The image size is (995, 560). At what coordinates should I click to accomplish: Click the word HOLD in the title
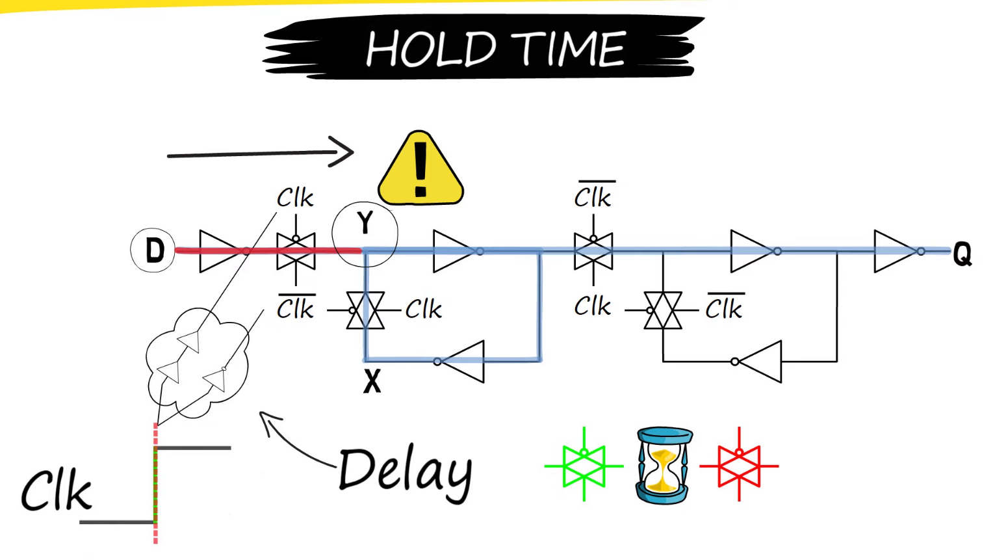[431, 49]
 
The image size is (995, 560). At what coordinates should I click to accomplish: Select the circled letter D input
[153, 250]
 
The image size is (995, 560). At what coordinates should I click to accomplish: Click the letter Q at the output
[962, 253]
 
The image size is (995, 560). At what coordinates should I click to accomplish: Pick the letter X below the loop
[372, 381]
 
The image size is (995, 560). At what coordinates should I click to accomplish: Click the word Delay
[405, 472]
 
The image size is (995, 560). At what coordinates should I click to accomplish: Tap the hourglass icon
[663, 465]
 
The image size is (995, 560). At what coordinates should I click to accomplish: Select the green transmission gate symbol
[584, 465]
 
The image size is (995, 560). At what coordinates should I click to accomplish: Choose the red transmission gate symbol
[739, 465]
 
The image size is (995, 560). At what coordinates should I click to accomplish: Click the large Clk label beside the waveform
[57, 491]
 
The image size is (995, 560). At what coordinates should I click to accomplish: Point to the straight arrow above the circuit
[260, 153]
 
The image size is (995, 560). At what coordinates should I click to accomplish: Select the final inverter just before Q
[897, 250]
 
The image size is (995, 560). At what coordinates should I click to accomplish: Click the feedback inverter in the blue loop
[461, 361]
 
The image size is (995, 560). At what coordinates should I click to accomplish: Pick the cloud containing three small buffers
[196, 363]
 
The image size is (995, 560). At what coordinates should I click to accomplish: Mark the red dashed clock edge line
[155, 485]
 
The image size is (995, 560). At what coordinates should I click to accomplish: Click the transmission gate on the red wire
[296, 250]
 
